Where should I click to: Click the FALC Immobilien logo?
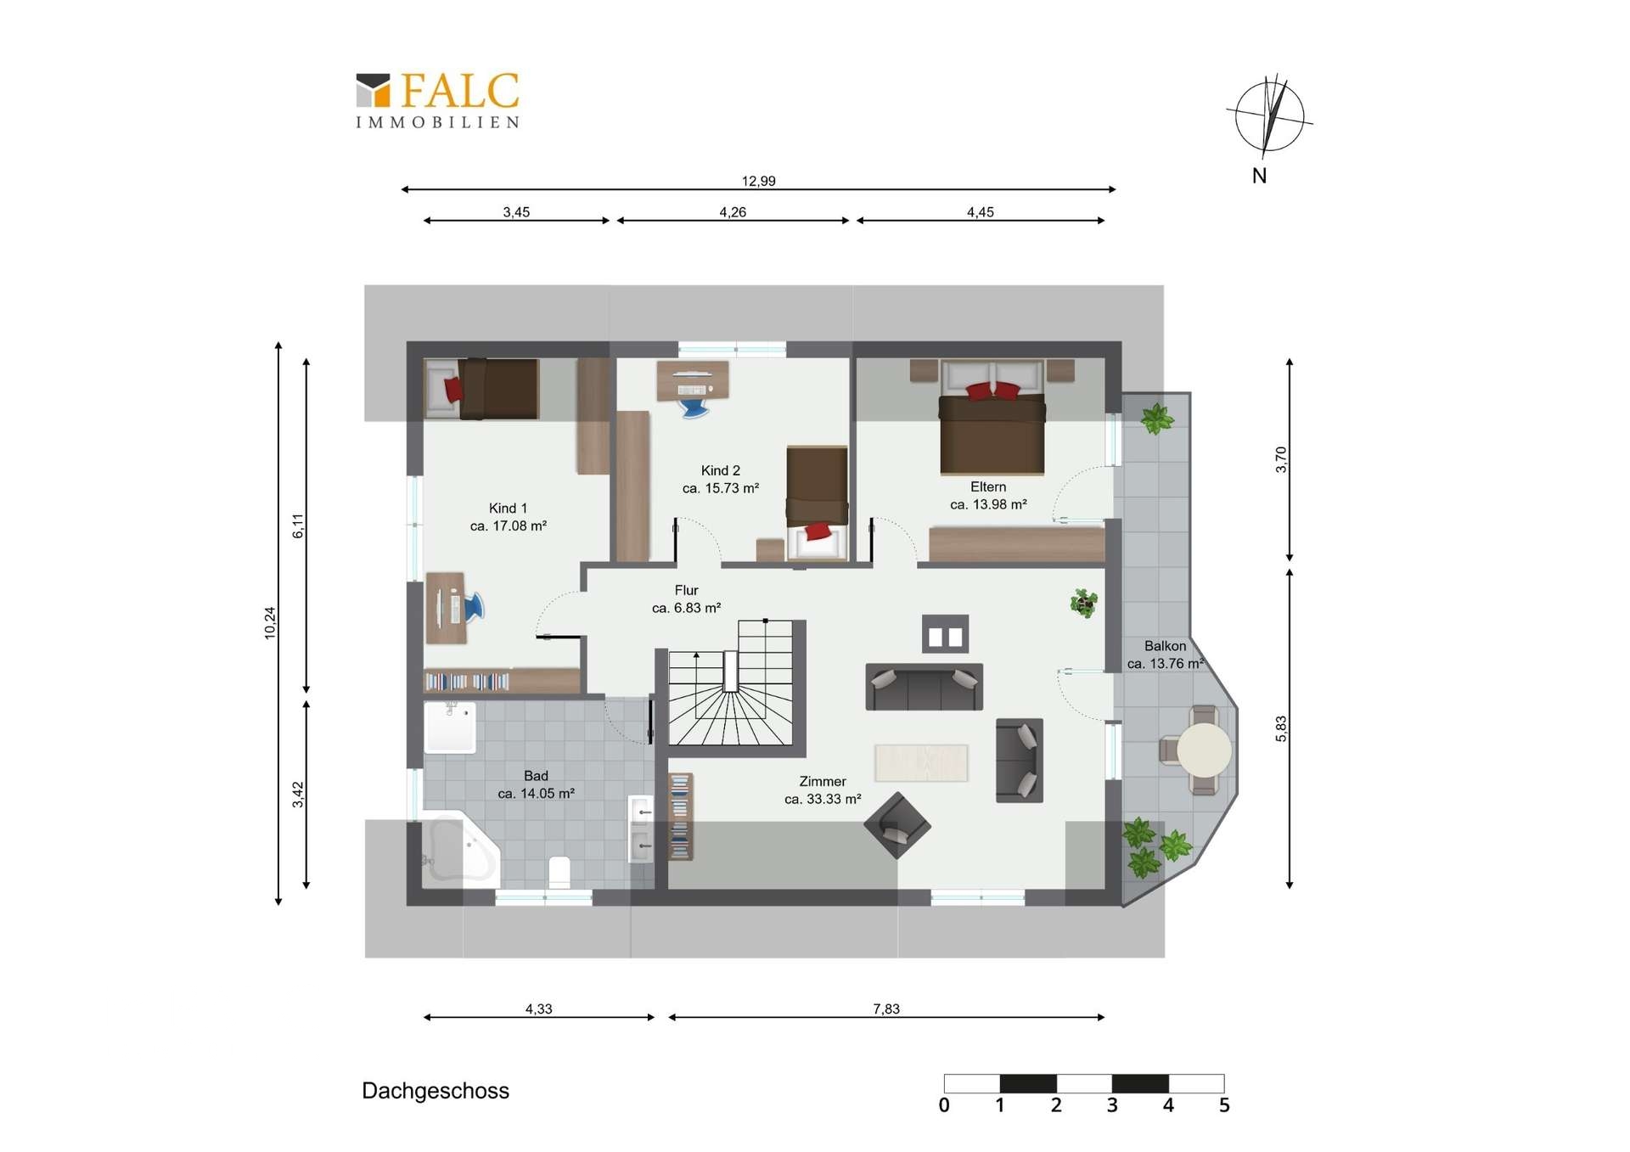(437, 100)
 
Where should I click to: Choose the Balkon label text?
(1165, 646)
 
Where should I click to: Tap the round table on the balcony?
(1204, 750)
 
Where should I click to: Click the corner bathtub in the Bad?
(458, 851)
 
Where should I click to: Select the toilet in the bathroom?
(559, 872)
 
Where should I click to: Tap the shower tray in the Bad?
(450, 728)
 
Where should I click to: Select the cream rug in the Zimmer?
(921, 762)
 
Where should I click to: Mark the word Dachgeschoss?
(436, 1091)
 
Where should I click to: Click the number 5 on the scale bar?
(1224, 1105)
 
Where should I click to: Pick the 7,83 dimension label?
(886, 1009)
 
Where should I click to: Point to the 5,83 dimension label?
(1281, 728)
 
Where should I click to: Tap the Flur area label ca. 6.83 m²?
(687, 608)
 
